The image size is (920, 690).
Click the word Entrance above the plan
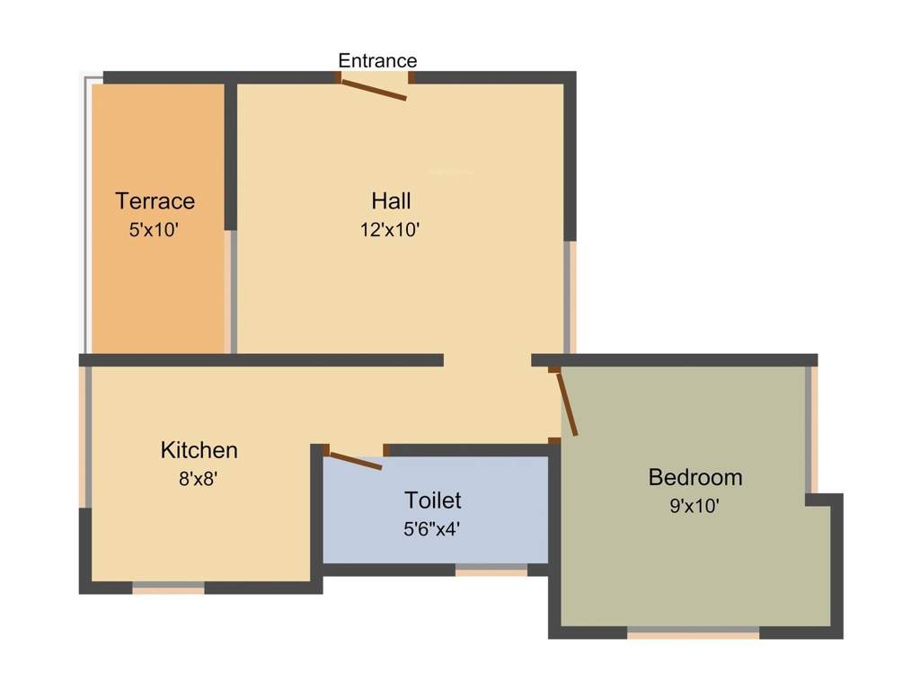click(x=377, y=61)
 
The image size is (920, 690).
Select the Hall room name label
click(x=391, y=199)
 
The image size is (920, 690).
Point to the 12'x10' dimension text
click(x=391, y=229)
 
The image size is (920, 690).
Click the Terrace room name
click(x=155, y=200)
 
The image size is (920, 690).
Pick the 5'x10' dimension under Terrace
click(x=155, y=229)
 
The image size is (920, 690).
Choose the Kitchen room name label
click(x=199, y=449)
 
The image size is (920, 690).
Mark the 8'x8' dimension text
click(x=199, y=479)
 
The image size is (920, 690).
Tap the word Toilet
click(x=433, y=500)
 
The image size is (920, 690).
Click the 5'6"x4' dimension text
click(x=433, y=529)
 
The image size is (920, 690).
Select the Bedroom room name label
click(x=695, y=477)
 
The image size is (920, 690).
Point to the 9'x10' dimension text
click(x=694, y=506)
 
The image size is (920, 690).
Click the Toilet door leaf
click(x=354, y=461)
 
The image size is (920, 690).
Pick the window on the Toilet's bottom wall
click(x=491, y=569)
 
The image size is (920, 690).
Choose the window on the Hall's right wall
click(x=570, y=296)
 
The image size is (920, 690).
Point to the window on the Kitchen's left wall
click(x=86, y=437)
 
